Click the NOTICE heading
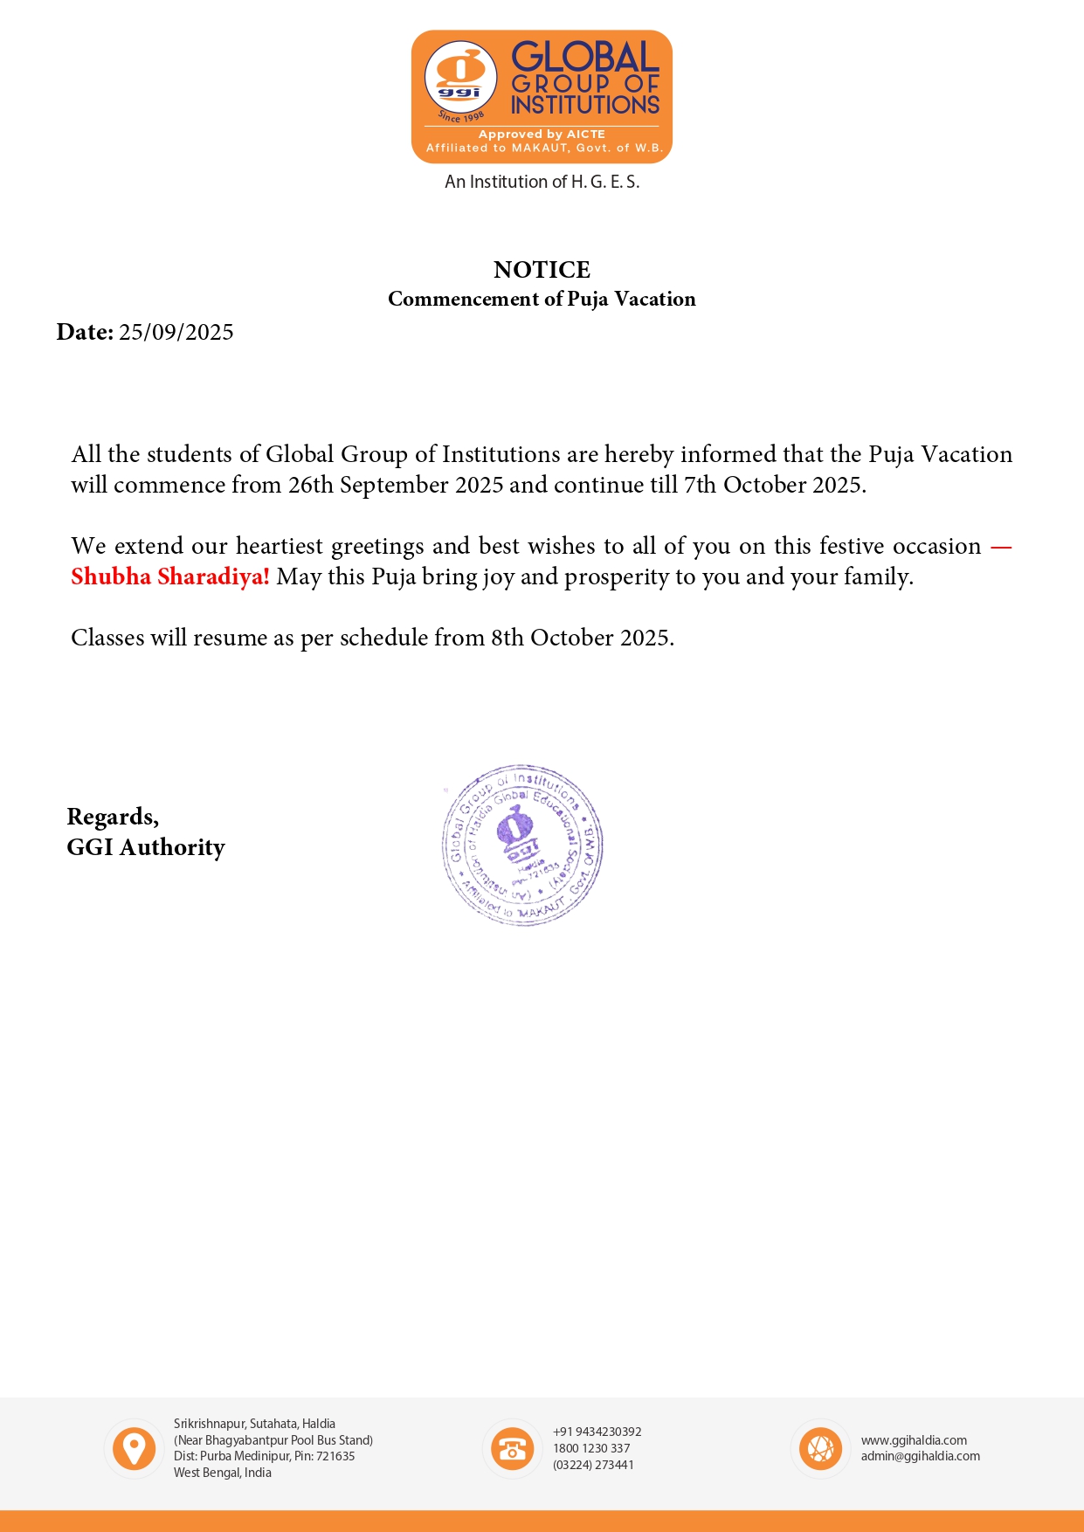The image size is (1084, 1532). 542,270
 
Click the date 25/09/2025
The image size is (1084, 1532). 176,333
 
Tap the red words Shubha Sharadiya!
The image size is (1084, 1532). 170,577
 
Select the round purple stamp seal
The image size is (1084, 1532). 522,845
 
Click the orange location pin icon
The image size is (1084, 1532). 134,1449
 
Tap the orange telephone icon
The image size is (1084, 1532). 512,1449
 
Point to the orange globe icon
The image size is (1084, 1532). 820,1449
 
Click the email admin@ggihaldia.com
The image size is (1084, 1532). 920,1456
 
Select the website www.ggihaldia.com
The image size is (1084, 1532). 914,1440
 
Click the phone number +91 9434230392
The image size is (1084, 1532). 597,1432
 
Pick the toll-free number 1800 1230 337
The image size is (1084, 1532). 591,1448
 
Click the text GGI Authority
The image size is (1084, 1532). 146,847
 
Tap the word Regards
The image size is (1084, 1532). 113,817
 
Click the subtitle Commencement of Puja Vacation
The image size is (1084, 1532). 542,299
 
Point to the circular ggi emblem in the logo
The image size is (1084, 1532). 460,78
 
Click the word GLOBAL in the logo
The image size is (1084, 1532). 584,58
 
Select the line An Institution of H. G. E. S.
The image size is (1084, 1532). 542,182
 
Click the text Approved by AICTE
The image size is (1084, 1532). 542,135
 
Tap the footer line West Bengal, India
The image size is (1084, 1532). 222,1473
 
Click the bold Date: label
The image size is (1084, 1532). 85,333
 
